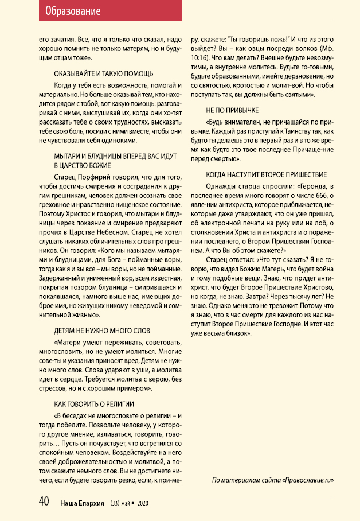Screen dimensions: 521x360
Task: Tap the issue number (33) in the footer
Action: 116,503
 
